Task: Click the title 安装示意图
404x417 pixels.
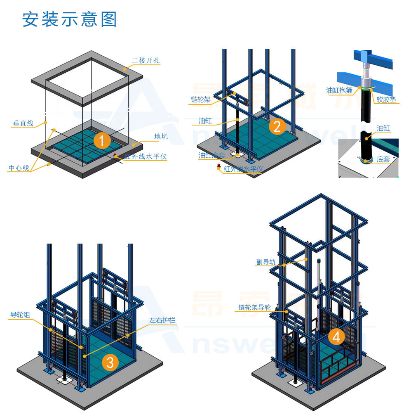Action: (x=70, y=20)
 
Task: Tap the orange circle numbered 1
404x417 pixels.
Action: (x=102, y=140)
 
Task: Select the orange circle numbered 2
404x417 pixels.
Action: (x=277, y=126)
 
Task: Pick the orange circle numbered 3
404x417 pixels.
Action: (x=110, y=363)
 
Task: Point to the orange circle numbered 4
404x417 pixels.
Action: (x=336, y=337)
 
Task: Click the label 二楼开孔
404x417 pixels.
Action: (x=146, y=61)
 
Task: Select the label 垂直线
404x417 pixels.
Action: (x=23, y=123)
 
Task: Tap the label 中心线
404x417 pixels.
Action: (x=19, y=168)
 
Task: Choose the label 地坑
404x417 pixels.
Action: (x=161, y=136)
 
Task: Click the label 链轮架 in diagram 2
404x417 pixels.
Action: (x=201, y=100)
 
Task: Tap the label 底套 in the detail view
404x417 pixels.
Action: (x=383, y=159)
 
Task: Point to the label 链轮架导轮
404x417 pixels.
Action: (x=254, y=308)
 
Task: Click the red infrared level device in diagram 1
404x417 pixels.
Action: (x=115, y=156)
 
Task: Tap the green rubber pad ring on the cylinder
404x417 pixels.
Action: (x=364, y=88)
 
